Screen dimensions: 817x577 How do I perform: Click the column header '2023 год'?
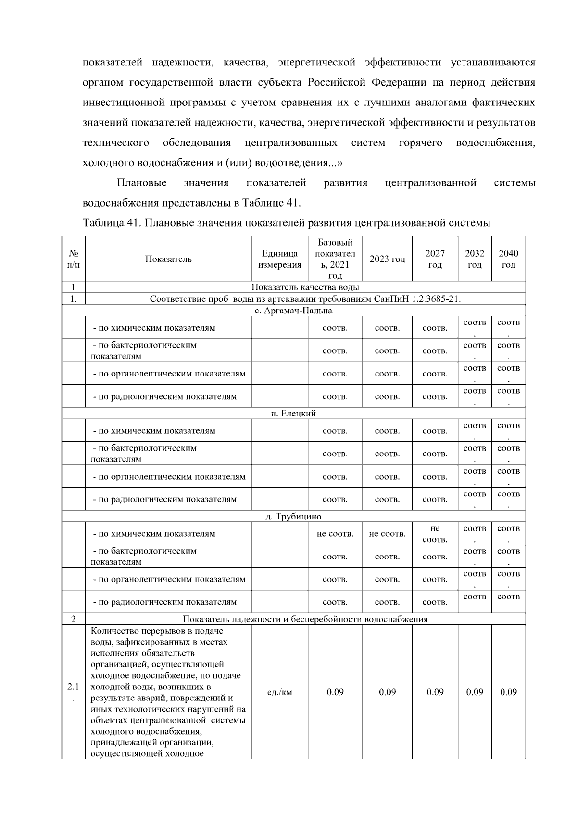tap(387, 259)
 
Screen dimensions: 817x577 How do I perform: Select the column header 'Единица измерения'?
tap(279, 259)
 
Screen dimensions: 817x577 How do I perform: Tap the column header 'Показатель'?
tap(168, 259)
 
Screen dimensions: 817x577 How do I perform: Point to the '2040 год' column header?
tap(508, 259)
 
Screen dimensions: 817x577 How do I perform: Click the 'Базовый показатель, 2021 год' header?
tap(335, 259)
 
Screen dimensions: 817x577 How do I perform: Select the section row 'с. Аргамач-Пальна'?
tap(293, 311)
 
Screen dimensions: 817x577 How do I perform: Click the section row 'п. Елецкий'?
tap(293, 414)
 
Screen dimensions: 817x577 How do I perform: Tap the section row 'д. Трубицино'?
tap(293, 517)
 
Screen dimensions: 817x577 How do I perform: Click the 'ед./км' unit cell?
tap(279, 692)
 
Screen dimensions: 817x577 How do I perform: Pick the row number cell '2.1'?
tap(73, 692)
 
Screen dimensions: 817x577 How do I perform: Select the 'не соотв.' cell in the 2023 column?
tap(387, 534)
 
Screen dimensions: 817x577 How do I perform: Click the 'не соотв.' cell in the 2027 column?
tap(435, 534)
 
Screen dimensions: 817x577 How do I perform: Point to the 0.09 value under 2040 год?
tap(508, 692)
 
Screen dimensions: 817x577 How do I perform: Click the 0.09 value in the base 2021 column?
tap(335, 692)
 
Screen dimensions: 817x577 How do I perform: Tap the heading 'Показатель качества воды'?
tap(305, 287)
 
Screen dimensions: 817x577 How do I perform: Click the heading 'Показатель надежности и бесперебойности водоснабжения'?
tap(305, 619)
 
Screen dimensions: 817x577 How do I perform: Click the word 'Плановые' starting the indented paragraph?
tap(141, 183)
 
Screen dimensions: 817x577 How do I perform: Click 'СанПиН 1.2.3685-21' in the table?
tap(417, 299)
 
